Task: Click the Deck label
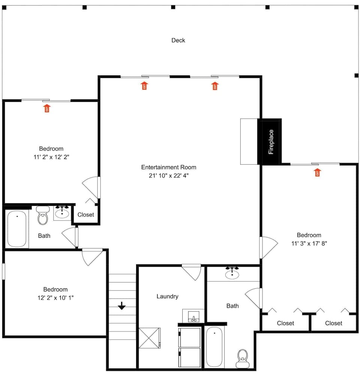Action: (x=178, y=40)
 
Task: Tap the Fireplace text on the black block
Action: (x=271, y=142)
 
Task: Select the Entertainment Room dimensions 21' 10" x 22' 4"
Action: (x=168, y=175)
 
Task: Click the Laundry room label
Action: (x=167, y=296)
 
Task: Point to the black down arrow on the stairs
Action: (x=121, y=306)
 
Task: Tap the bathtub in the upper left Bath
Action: (x=17, y=229)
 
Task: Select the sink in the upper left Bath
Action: (x=62, y=213)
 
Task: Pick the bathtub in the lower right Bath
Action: (x=214, y=346)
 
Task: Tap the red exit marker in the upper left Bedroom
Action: (x=47, y=108)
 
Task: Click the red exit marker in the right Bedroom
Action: (x=318, y=172)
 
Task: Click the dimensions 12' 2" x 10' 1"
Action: (x=55, y=297)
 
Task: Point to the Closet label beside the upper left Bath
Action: (x=85, y=215)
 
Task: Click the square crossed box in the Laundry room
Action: (x=149, y=339)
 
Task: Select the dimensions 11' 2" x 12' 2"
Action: (x=51, y=157)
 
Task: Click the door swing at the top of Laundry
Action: (x=192, y=271)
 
